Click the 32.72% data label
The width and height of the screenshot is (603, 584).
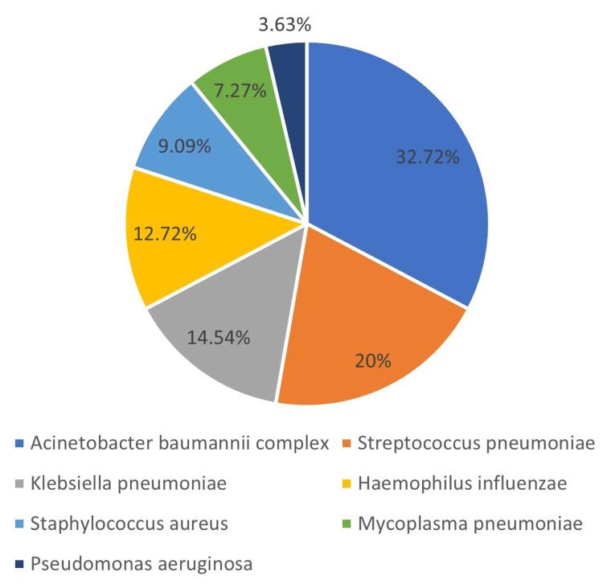[x=428, y=157]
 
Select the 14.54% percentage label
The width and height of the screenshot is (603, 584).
[x=219, y=336]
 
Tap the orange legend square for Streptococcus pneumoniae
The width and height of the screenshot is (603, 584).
[x=347, y=444]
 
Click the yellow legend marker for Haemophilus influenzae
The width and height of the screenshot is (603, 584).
[x=347, y=484]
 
